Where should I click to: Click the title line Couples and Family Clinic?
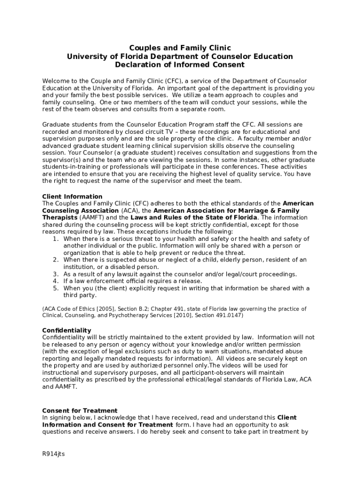pos(180,48)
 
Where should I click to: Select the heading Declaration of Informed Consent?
pos(180,65)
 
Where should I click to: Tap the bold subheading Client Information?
pos(72,196)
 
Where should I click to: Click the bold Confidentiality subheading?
pos(66,330)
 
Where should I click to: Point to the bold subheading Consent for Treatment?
pos(79,411)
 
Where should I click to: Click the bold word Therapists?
pos(59,218)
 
